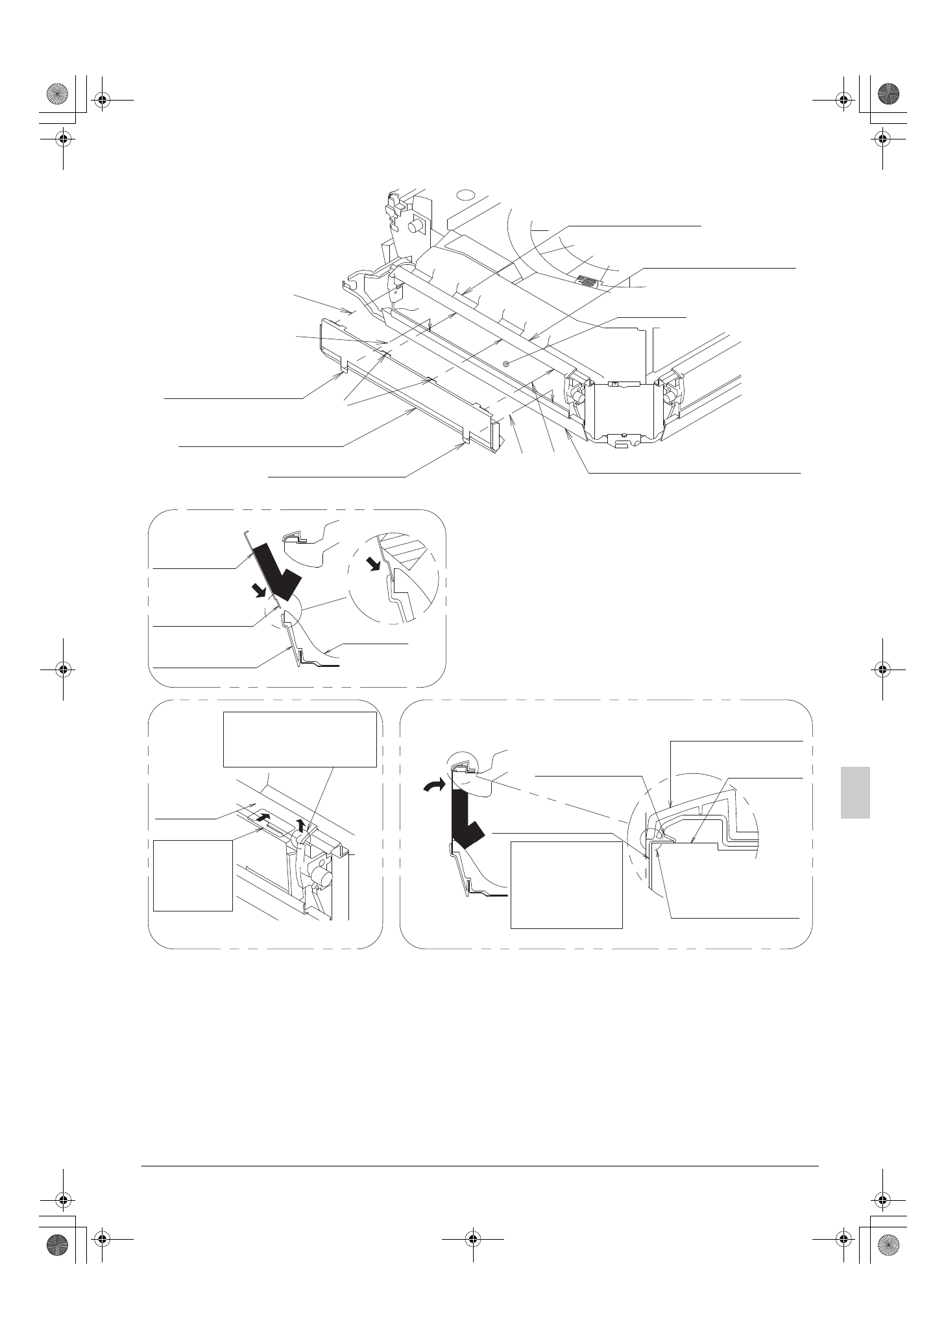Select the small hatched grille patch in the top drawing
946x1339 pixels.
(588, 282)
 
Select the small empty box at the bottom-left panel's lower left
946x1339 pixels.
(193, 875)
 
